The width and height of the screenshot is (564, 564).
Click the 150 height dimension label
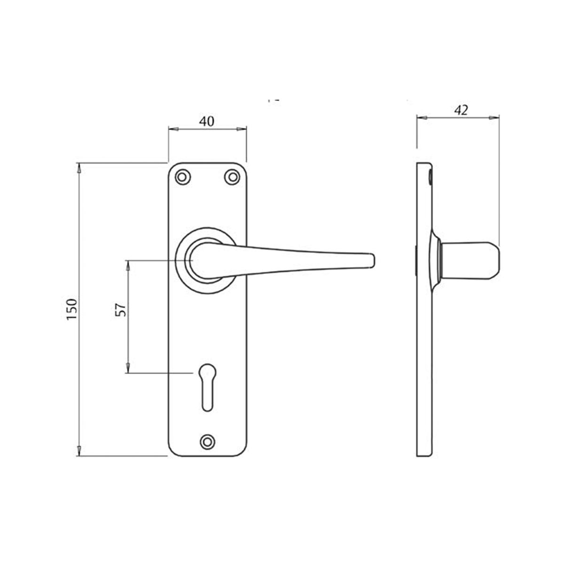71,309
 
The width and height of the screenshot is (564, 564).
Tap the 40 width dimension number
207,121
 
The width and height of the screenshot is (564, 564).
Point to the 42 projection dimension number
461,110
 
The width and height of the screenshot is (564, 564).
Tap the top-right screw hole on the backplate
231,177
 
